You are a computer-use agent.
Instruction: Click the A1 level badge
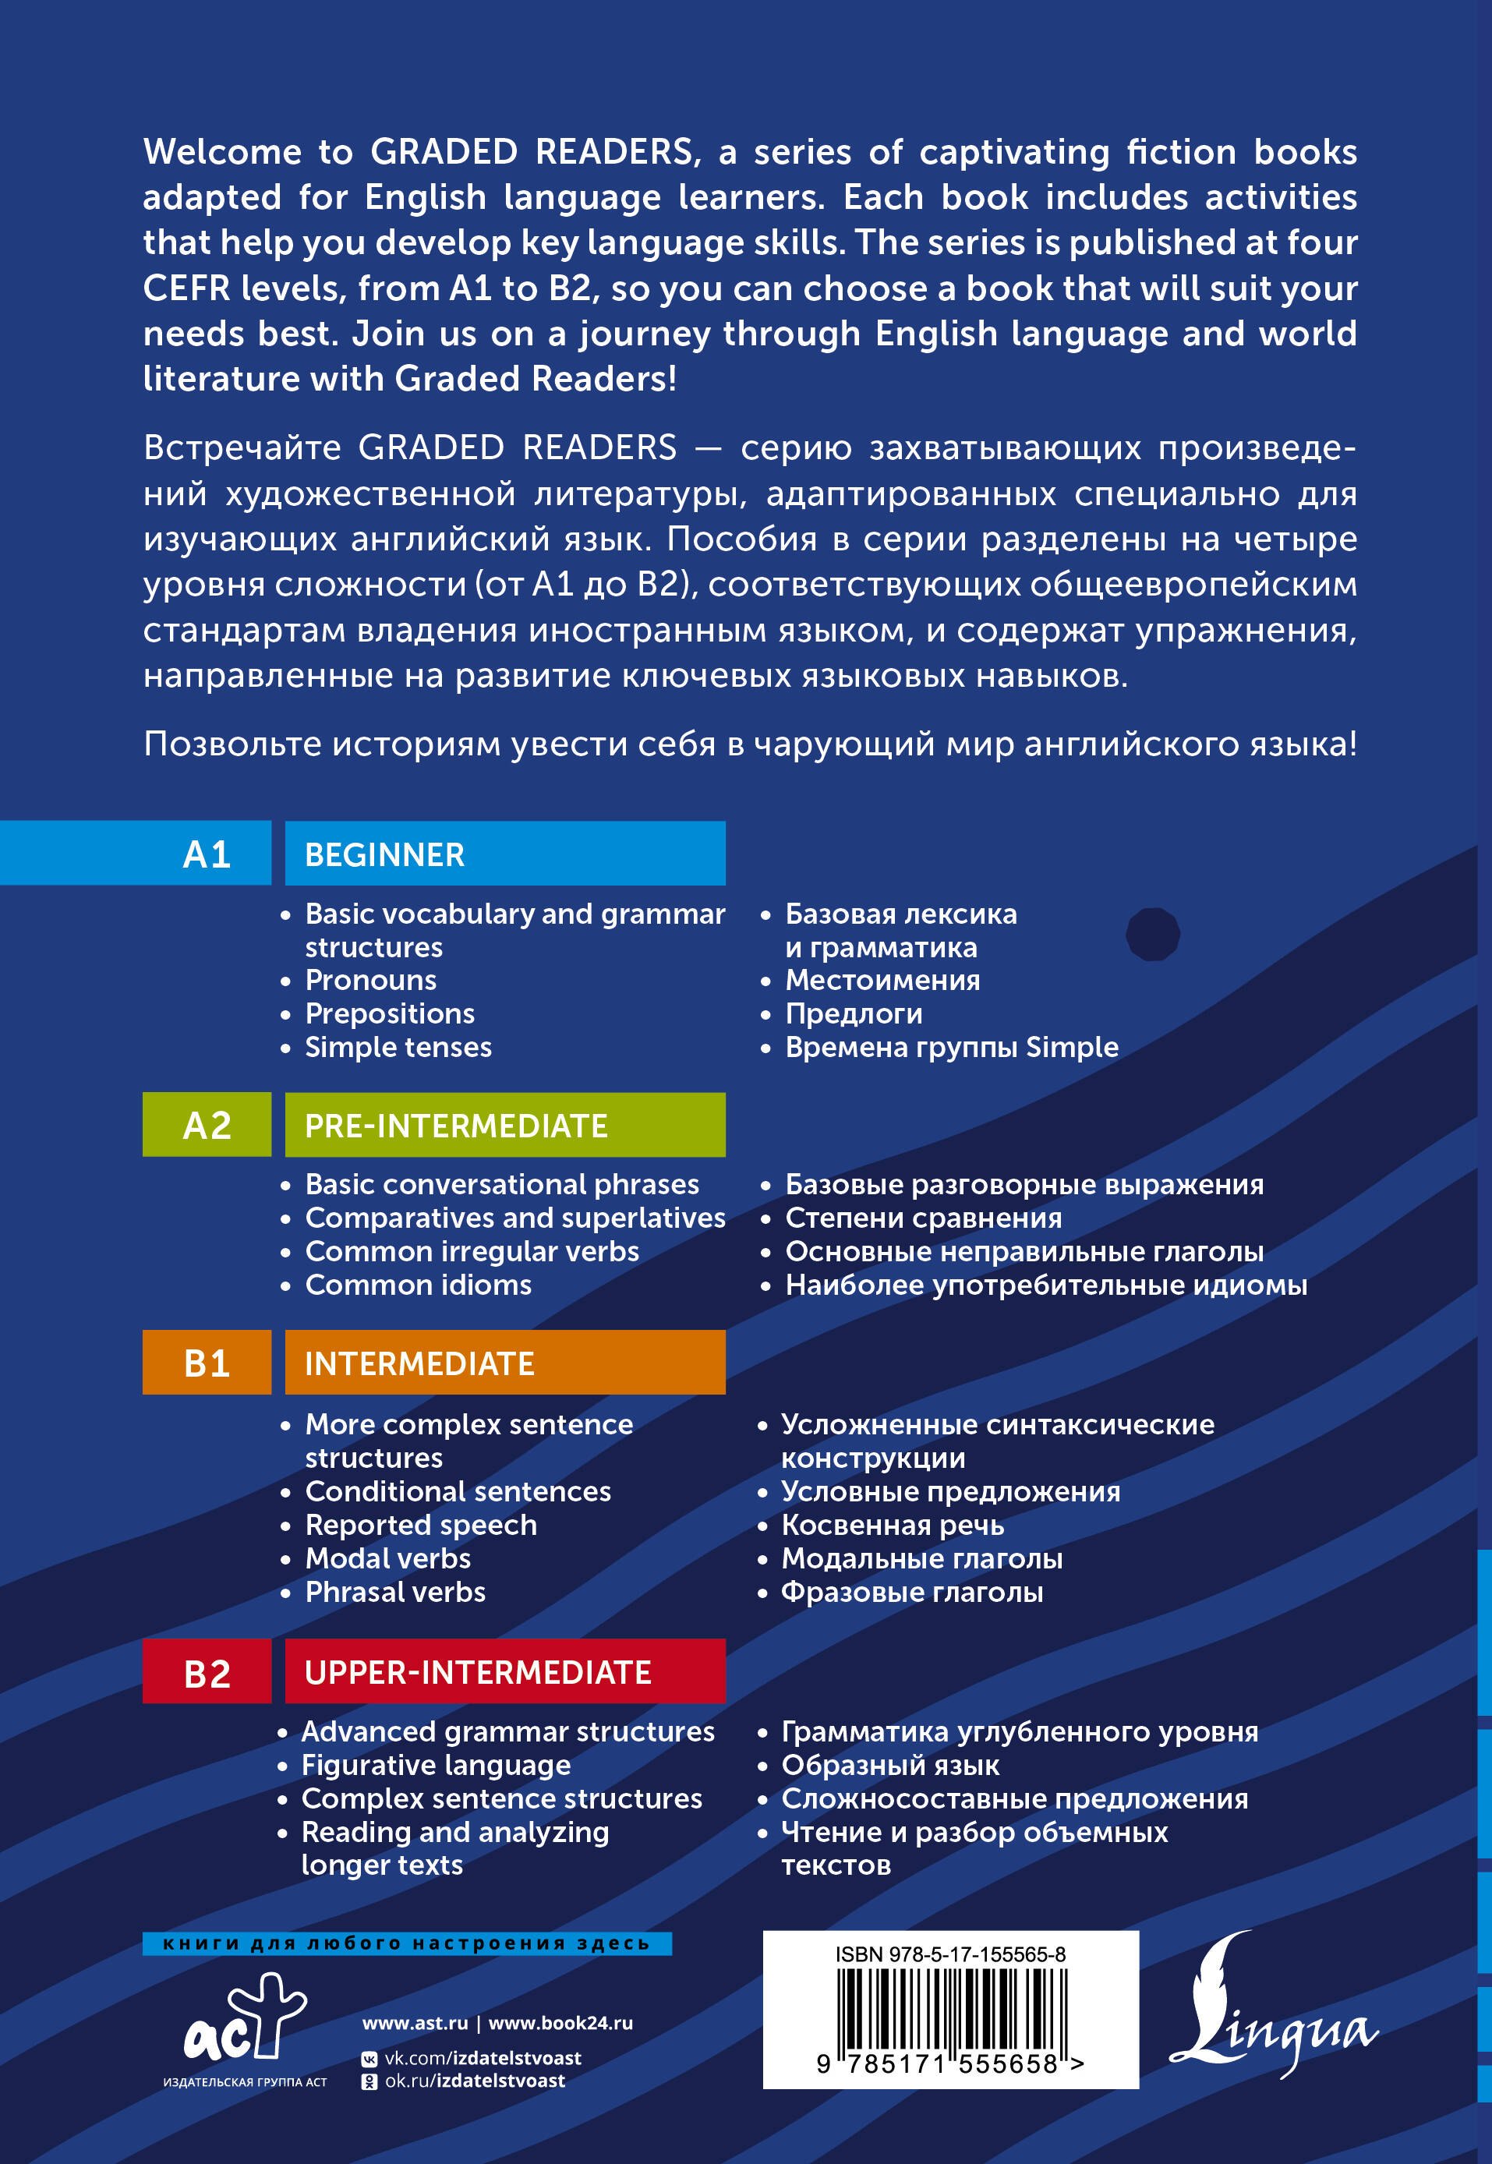click(x=207, y=854)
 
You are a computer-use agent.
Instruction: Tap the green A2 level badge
click(x=207, y=1125)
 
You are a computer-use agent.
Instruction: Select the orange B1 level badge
click(x=207, y=1363)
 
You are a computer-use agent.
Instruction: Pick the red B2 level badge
click(x=207, y=1672)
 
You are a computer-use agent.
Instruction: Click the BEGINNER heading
click(x=384, y=854)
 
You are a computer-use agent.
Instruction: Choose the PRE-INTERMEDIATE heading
click(x=456, y=1126)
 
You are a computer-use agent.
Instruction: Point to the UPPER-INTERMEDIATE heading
click(x=478, y=1672)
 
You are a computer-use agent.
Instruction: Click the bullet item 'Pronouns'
click(x=370, y=980)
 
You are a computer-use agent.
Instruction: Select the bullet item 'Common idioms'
click(x=418, y=1285)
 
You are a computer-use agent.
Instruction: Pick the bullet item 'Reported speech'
click(x=421, y=1525)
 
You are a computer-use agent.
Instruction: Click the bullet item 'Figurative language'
click(x=436, y=1765)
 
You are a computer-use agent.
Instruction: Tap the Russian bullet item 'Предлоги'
click(x=854, y=1013)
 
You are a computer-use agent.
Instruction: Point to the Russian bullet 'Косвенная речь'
click(x=893, y=1525)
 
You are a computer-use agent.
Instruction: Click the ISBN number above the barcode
click(x=949, y=1954)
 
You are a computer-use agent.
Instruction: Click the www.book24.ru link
click(x=561, y=2022)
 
